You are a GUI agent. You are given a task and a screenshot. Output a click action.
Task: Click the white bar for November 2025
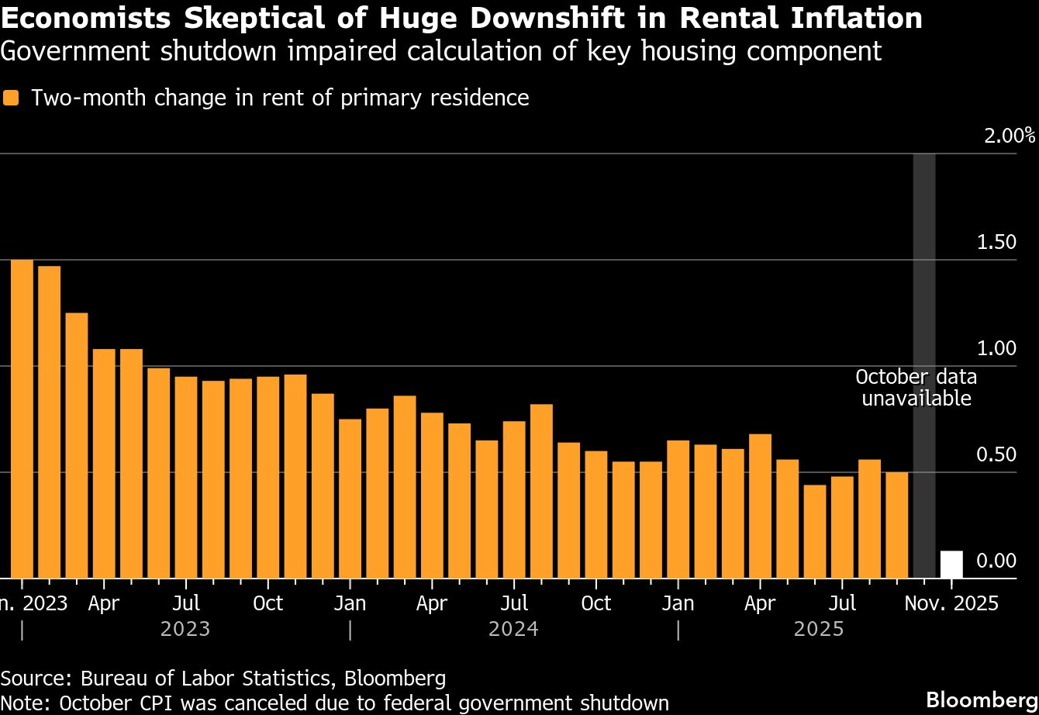[951, 565]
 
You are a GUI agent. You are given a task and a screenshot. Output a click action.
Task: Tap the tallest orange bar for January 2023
[22, 419]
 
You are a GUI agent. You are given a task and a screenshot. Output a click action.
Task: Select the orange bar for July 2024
[514, 499]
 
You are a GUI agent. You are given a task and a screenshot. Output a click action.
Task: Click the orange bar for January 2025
[678, 509]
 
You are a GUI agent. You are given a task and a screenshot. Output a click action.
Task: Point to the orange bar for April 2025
[760, 506]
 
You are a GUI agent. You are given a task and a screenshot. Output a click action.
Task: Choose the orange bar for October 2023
[268, 477]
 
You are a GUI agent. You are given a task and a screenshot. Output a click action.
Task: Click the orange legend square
[11, 98]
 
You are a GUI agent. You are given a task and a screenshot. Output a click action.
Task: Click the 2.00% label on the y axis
[1009, 136]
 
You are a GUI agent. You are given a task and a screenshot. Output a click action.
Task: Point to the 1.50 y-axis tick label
[995, 242]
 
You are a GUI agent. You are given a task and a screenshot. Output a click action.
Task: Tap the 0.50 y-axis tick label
[995, 454]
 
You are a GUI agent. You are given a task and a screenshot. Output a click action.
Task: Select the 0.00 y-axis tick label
[995, 561]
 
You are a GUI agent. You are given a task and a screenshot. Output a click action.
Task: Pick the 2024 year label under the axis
[513, 629]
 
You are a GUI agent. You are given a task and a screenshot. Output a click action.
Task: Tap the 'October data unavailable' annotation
[916, 388]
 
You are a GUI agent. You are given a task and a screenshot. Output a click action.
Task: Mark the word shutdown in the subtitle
[213, 51]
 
